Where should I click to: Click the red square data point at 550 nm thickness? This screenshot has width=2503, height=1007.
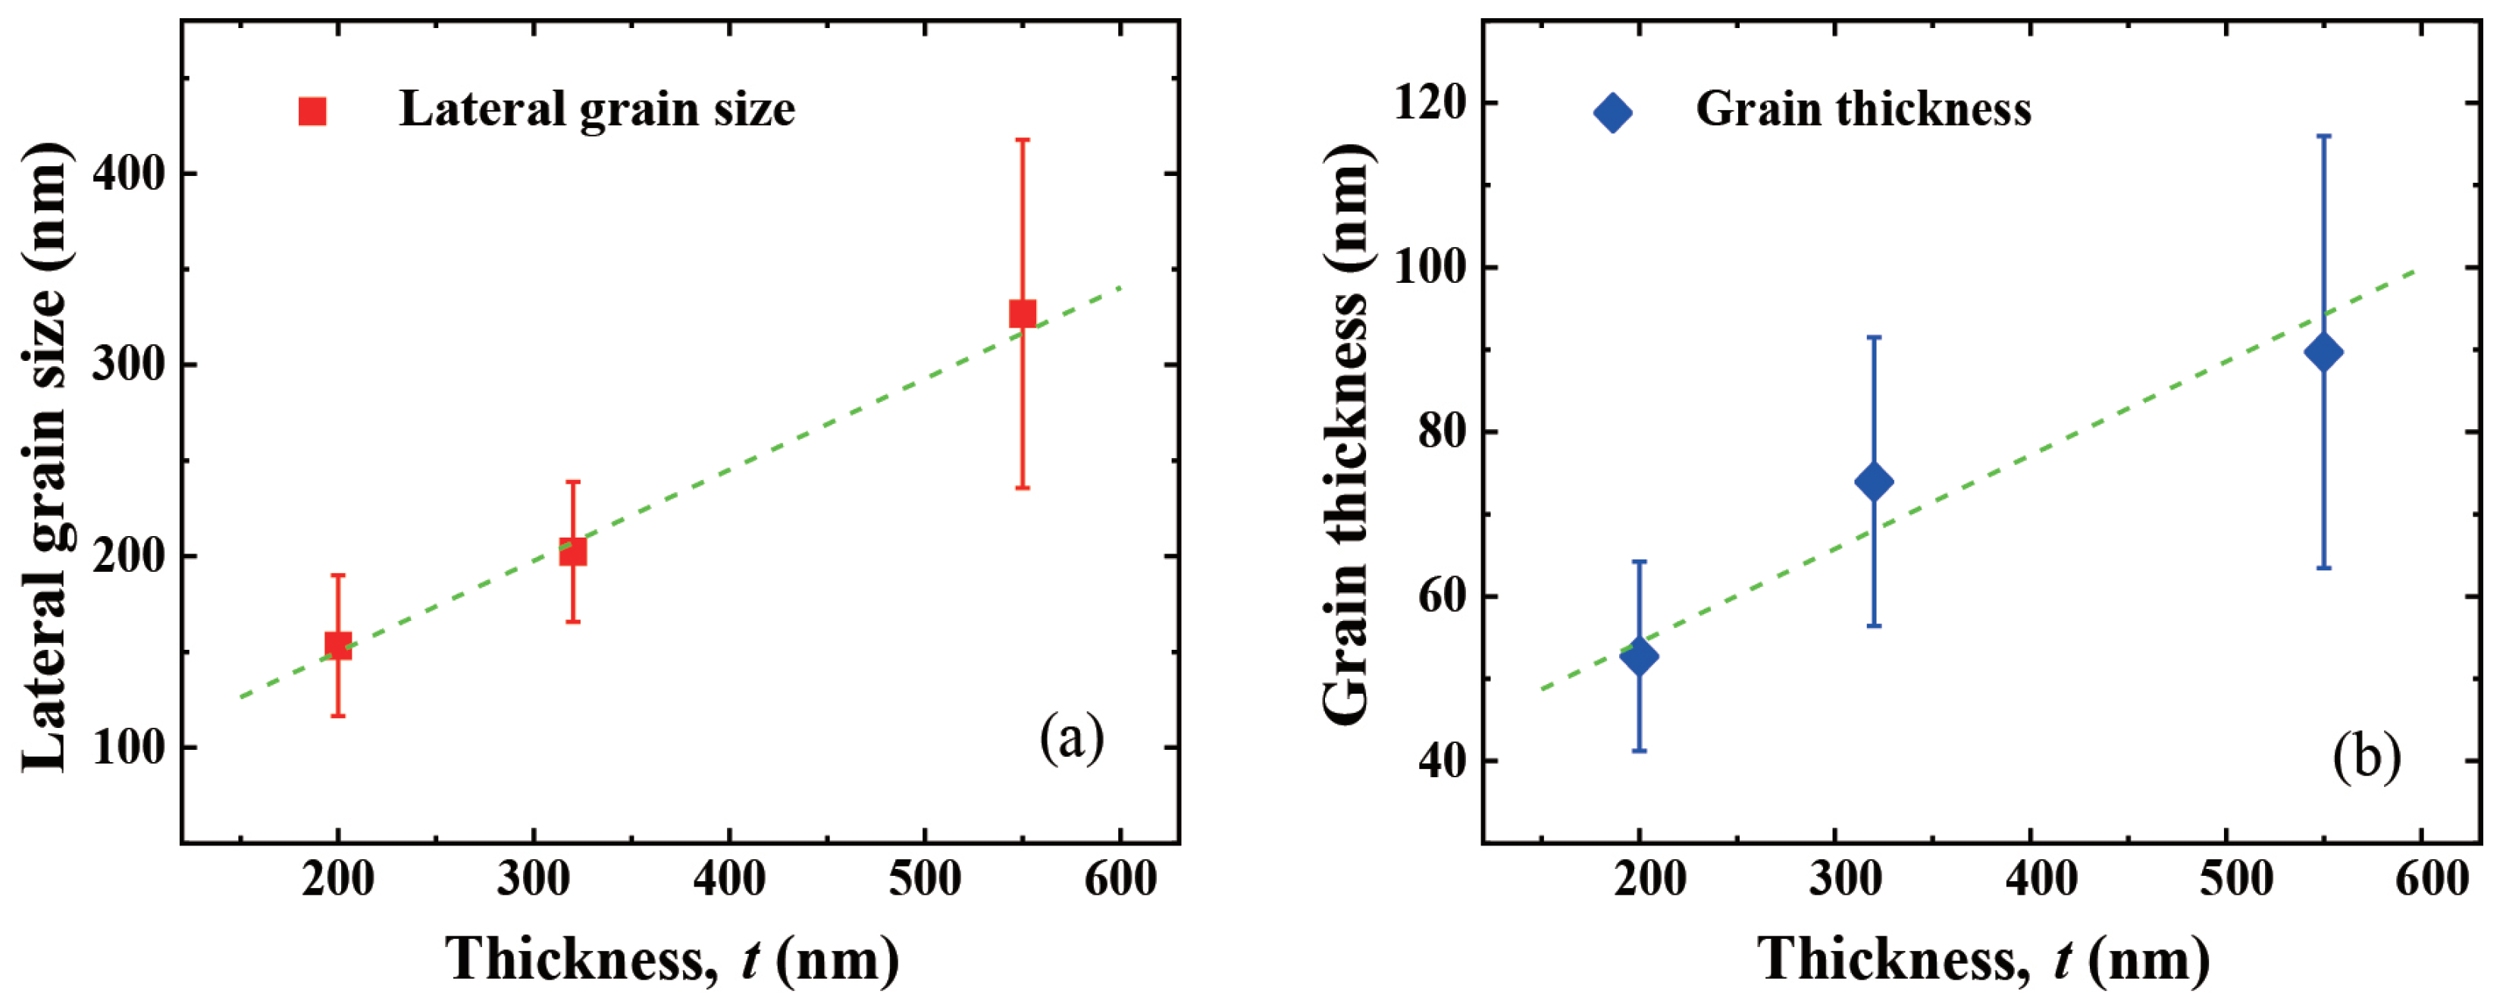pyautogui.click(x=1022, y=314)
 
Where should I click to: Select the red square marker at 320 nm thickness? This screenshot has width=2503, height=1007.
pyautogui.click(x=573, y=551)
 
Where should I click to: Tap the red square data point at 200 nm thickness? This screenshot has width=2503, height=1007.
pyautogui.click(x=338, y=645)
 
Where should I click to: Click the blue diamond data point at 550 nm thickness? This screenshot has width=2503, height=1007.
pyautogui.click(x=2323, y=352)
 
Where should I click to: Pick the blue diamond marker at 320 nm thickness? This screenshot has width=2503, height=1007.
pyautogui.click(x=1873, y=482)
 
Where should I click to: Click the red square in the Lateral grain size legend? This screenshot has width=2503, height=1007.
pyautogui.click(x=312, y=111)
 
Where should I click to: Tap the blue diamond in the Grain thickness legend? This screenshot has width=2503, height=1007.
pyautogui.click(x=1613, y=113)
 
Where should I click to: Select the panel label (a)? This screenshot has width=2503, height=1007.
pyautogui.click(x=1071, y=738)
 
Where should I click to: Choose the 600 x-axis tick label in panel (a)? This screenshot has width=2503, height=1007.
pyautogui.click(x=1120, y=879)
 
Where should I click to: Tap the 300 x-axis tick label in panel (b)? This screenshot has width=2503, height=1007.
pyautogui.click(x=1834, y=879)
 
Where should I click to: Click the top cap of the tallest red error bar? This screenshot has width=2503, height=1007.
pyautogui.click(x=1022, y=140)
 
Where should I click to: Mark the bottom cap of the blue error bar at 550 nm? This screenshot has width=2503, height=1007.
pyautogui.click(x=2323, y=568)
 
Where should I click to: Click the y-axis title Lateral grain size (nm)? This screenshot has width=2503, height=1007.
pyautogui.click(x=47, y=456)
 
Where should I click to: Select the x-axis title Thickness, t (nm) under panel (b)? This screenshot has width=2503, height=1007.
pyautogui.click(x=1982, y=960)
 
